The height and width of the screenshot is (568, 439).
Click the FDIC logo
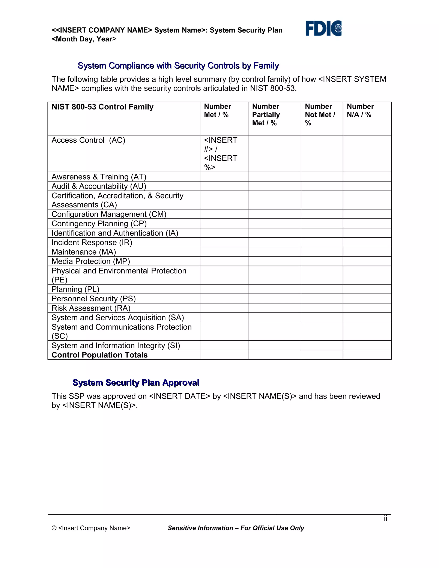tap(323, 28)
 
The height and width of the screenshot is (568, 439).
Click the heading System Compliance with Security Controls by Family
tap(178, 66)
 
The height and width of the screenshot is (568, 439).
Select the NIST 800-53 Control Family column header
tap(102, 107)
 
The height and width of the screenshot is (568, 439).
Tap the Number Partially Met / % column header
tap(266, 114)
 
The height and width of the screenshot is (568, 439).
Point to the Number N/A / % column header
tap(360, 111)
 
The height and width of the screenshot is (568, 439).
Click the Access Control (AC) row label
tap(88, 140)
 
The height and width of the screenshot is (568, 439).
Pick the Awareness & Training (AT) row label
tap(99, 177)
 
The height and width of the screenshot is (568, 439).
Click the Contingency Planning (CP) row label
tap(99, 224)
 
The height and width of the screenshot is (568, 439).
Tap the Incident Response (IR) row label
tap(92, 242)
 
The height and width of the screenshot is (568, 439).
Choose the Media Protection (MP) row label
tap(90, 261)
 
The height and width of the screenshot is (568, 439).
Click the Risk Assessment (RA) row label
tap(91, 308)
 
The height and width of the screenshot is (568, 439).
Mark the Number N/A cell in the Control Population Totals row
tap(367, 355)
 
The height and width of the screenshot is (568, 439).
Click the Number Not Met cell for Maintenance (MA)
tap(322, 252)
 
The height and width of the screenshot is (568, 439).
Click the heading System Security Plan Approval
tap(136, 383)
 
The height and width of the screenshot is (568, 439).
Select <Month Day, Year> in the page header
tap(84, 39)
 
